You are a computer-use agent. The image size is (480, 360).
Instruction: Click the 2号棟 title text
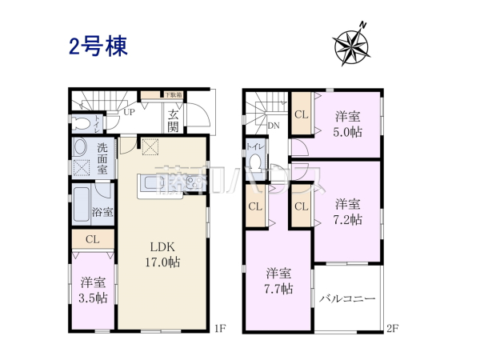tap(98, 45)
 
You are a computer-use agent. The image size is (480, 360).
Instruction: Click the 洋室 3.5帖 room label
tap(94, 289)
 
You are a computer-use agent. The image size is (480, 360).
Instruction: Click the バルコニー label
tap(348, 298)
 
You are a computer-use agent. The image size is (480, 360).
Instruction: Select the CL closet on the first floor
tap(92, 239)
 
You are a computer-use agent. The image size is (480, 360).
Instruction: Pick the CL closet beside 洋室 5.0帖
tap(301, 114)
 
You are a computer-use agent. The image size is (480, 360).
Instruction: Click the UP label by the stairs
tap(129, 113)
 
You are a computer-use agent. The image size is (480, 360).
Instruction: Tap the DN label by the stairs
tap(273, 126)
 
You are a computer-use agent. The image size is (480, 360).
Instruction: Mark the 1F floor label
tap(219, 327)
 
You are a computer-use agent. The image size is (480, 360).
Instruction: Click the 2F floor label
tap(392, 327)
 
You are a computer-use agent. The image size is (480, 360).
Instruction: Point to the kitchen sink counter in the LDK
tap(165, 184)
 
